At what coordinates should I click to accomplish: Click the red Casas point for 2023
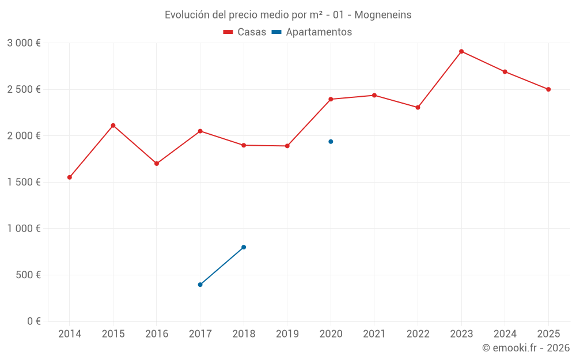(461, 51)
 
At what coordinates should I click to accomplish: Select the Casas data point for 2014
(70, 177)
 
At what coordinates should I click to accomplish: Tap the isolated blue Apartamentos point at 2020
(331, 142)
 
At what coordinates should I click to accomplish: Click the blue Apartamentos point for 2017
(200, 285)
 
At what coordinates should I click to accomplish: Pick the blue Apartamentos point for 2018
(244, 247)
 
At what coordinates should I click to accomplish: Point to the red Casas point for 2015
(113, 126)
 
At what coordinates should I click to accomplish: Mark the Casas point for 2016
(157, 164)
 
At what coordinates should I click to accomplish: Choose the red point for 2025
(548, 89)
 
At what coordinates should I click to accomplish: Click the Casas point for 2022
(418, 107)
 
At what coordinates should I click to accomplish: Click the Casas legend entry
(245, 32)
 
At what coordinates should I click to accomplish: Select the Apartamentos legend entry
(312, 32)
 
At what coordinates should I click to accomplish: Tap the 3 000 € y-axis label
(24, 43)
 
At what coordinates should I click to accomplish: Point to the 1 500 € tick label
(24, 182)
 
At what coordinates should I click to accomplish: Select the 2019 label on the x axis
(287, 334)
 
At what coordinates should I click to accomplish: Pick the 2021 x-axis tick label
(374, 334)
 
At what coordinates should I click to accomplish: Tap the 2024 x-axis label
(505, 334)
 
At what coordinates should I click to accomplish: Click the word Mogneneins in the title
(383, 15)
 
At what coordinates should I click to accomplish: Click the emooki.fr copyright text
(526, 348)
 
